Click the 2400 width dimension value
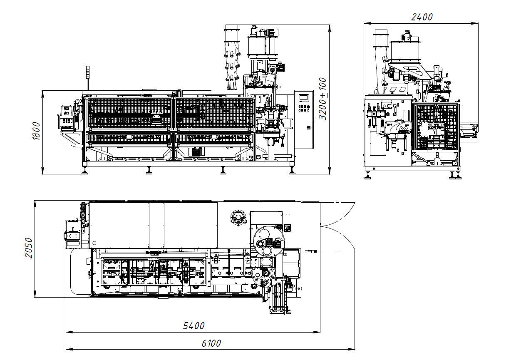(x=422, y=17)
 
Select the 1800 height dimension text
(x=37, y=131)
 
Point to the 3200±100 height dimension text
(x=322, y=99)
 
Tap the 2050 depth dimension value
(x=29, y=248)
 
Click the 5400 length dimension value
(x=193, y=326)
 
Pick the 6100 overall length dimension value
(x=211, y=343)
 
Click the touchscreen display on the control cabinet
(x=304, y=98)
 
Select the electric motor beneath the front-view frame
(x=196, y=151)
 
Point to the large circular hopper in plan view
(x=269, y=241)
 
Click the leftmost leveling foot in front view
(x=84, y=171)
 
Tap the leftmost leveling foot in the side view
(x=367, y=176)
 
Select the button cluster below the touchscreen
(x=303, y=108)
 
